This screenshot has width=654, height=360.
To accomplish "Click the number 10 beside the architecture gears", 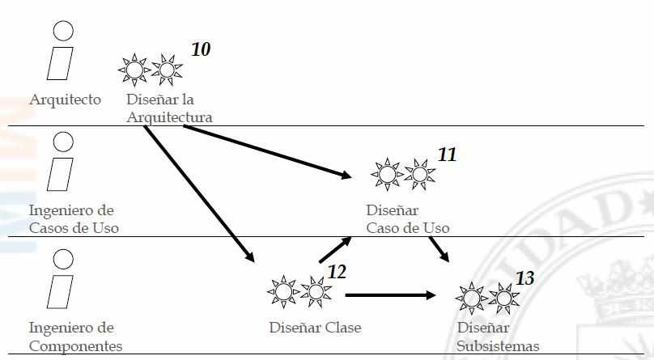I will pyautogui.click(x=201, y=49).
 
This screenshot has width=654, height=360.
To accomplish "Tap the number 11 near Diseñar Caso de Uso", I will pyautogui.click(x=447, y=154).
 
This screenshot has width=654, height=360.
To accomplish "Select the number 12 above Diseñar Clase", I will pyautogui.click(x=337, y=271).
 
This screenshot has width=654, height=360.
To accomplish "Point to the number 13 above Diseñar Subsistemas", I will pyautogui.click(x=524, y=278).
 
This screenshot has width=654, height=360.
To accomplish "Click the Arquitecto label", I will pyautogui.click(x=65, y=100).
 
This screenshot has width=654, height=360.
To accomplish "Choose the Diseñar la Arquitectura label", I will pyautogui.click(x=169, y=108).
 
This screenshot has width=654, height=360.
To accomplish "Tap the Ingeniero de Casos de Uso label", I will pyautogui.click(x=74, y=218).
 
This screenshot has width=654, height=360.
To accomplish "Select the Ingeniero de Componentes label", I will pyautogui.click(x=75, y=337).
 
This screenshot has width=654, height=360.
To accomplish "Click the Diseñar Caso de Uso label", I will pyautogui.click(x=407, y=218).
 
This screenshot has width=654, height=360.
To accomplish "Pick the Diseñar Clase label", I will pyautogui.click(x=315, y=328).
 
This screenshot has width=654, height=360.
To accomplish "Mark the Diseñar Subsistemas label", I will pyautogui.click(x=498, y=337).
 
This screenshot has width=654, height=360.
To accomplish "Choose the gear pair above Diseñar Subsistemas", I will pyautogui.click(x=487, y=298).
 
